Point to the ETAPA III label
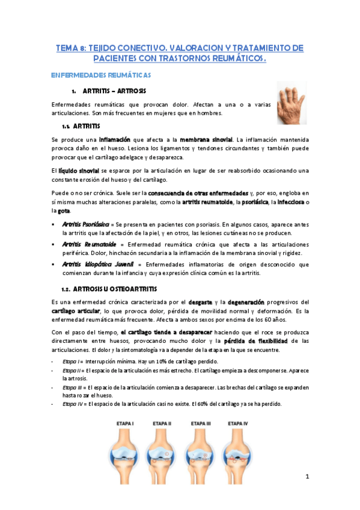point(200,423)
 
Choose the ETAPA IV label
point(238,423)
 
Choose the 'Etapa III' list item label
point(75,387)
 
